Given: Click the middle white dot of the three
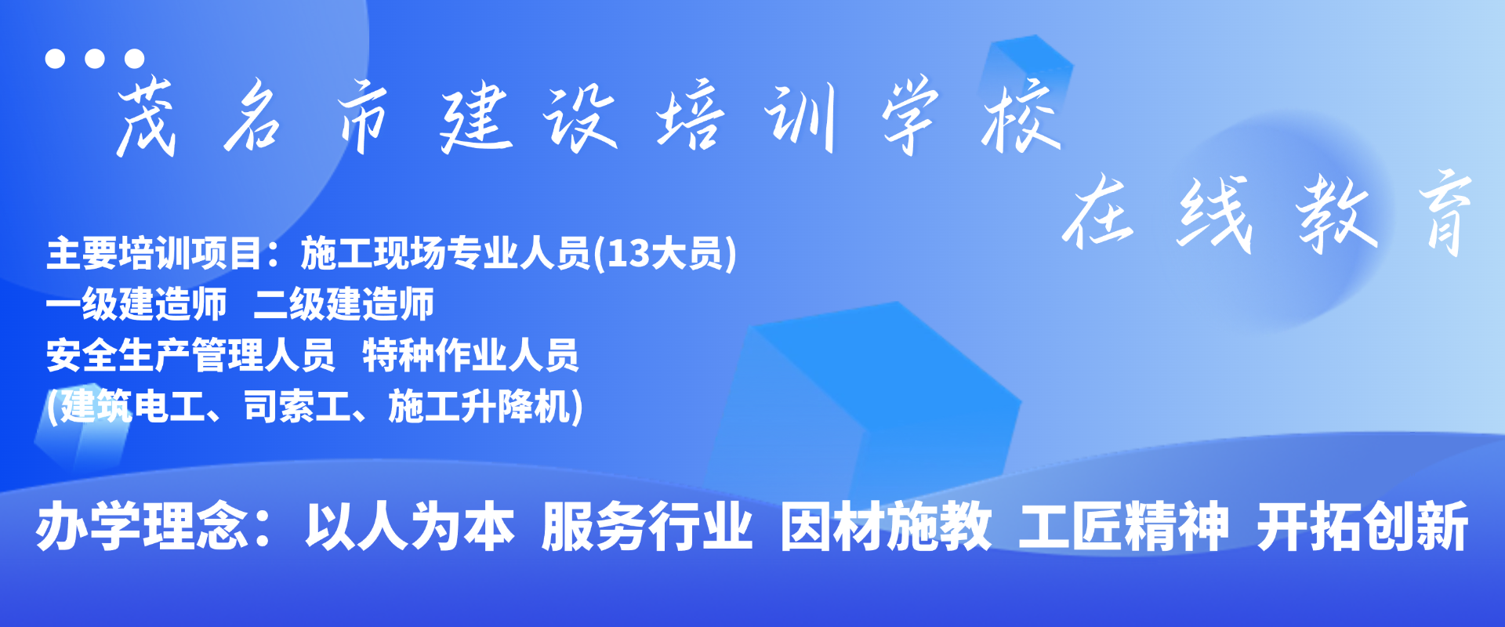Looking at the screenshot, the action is click(x=95, y=58).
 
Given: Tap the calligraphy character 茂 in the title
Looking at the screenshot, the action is click(x=145, y=118).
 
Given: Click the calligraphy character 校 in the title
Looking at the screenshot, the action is click(x=1021, y=115).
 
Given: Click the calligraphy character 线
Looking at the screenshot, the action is click(x=1213, y=213).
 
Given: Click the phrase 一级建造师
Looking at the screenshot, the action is click(x=136, y=304).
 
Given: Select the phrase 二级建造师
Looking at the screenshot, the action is click(x=343, y=304).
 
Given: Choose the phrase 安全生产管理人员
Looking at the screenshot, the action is click(x=190, y=355).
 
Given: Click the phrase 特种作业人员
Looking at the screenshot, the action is click(x=470, y=355).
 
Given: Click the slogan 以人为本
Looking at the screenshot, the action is click(x=410, y=527).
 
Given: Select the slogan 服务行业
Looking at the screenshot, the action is click(x=647, y=527).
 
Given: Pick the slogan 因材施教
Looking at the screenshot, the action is click(x=886, y=527).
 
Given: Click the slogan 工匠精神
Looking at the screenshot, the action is click(x=1124, y=527).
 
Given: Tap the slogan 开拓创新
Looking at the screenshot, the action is click(x=1362, y=527).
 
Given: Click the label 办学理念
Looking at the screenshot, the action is click(x=141, y=527).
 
